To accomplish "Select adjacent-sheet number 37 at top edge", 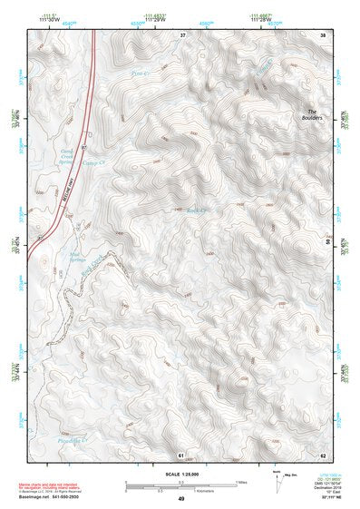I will (x=182, y=34).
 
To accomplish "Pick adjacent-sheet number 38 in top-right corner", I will (x=322, y=34).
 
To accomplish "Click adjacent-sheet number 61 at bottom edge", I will (x=181, y=454).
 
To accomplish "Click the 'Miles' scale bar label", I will (x=240, y=481).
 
